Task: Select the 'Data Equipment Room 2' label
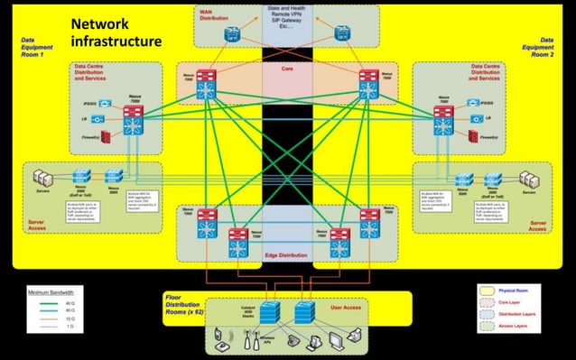(541, 47)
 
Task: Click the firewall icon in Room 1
(106, 137)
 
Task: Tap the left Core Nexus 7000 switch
(207, 85)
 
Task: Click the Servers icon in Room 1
(41, 176)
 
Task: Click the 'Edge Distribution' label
(287, 255)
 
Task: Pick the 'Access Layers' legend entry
(525, 326)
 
